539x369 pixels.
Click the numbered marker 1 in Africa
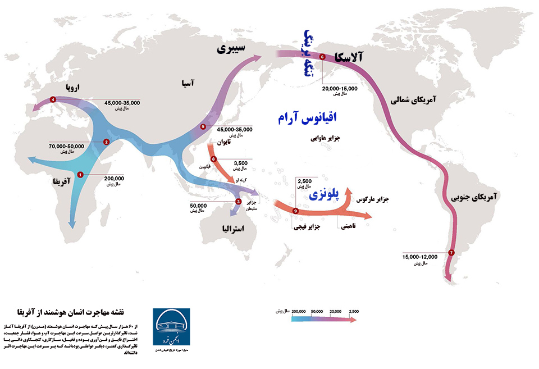pyautogui.click(x=80, y=175)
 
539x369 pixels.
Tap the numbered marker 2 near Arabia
pyautogui.click(x=106, y=142)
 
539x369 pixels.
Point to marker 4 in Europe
pyautogui.click(x=53, y=99)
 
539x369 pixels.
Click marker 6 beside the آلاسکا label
pyautogui.click(x=322, y=57)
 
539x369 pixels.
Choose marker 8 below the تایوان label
pyautogui.click(x=213, y=158)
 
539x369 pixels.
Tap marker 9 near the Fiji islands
pyautogui.click(x=295, y=211)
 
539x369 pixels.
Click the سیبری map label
pyautogui.click(x=231, y=49)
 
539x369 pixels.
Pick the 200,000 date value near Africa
pyautogui.click(x=114, y=178)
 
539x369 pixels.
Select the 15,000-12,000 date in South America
pyautogui.click(x=419, y=257)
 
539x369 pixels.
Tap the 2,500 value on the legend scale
pyautogui.click(x=354, y=311)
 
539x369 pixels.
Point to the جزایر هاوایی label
pyautogui.click(x=325, y=137)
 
